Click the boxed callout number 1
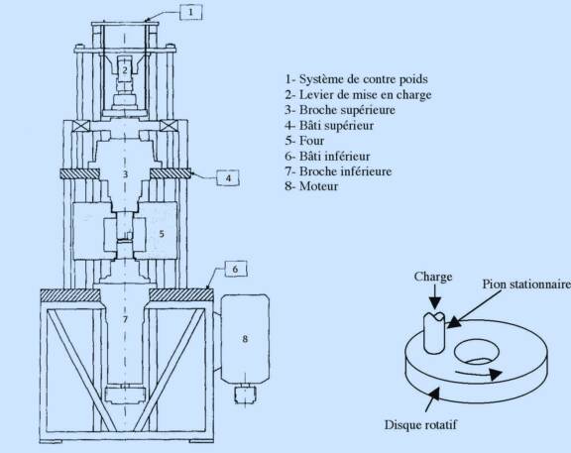[x=190, y=12]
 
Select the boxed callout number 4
[x=228, y=178]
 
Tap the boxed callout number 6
[x=235, y=269]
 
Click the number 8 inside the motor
[x=245, y=339]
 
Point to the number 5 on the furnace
[x=162, y=234]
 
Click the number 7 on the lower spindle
[x=125, y=319]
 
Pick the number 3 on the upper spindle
[x=125, y=174]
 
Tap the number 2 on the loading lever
[x=125, y=70]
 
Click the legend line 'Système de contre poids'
[x=357, y=79]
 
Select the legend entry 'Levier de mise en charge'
[x=358, y=95]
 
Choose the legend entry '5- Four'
[x=304, y=141]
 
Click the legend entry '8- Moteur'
[x=311, y=186]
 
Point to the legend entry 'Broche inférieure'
[x=346, y=171]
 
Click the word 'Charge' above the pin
[x=433, y=277]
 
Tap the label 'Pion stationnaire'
[x=526, y=284]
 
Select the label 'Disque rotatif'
[x=420, y=424]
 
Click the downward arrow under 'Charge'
[x=434, y=296]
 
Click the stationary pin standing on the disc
[x=434, y=332]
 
